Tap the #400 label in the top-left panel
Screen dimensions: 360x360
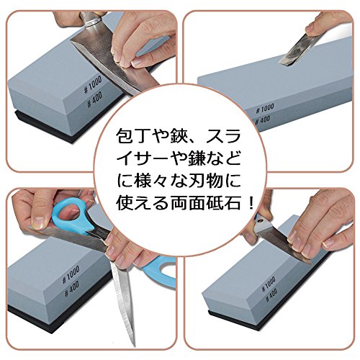94,99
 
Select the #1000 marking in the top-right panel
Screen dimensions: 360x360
265,109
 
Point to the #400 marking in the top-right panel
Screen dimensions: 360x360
262,120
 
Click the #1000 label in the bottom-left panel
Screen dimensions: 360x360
71,274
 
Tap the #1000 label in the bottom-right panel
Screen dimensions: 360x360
269,284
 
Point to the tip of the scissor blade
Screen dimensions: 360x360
133,346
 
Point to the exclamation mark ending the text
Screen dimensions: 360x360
251,203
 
